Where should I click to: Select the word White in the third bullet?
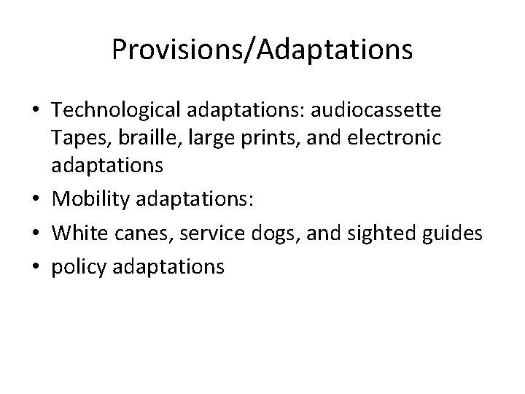click(78, 233)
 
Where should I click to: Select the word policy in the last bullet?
click(78, 266)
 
